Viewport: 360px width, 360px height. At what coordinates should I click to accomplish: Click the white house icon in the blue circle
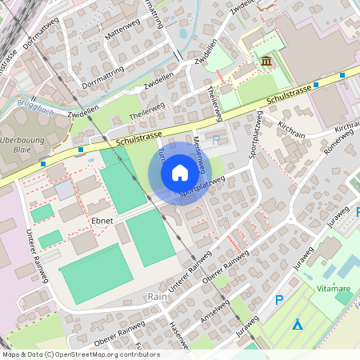click(180, 173)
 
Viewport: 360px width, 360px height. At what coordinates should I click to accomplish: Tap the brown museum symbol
click(266, 62)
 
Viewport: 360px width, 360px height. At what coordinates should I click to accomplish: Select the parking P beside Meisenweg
click(216, 140)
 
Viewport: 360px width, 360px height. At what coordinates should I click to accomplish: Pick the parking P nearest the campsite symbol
click(279, 300)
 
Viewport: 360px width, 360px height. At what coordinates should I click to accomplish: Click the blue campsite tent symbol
click(298, 324)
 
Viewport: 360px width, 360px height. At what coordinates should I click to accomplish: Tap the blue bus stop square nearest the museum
click(317, 84)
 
